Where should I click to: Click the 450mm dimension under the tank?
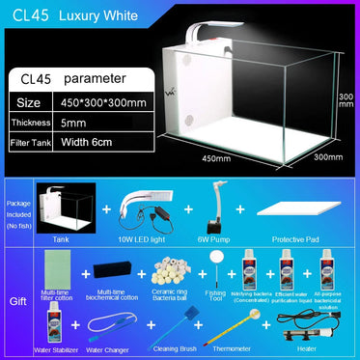coord(216,158)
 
